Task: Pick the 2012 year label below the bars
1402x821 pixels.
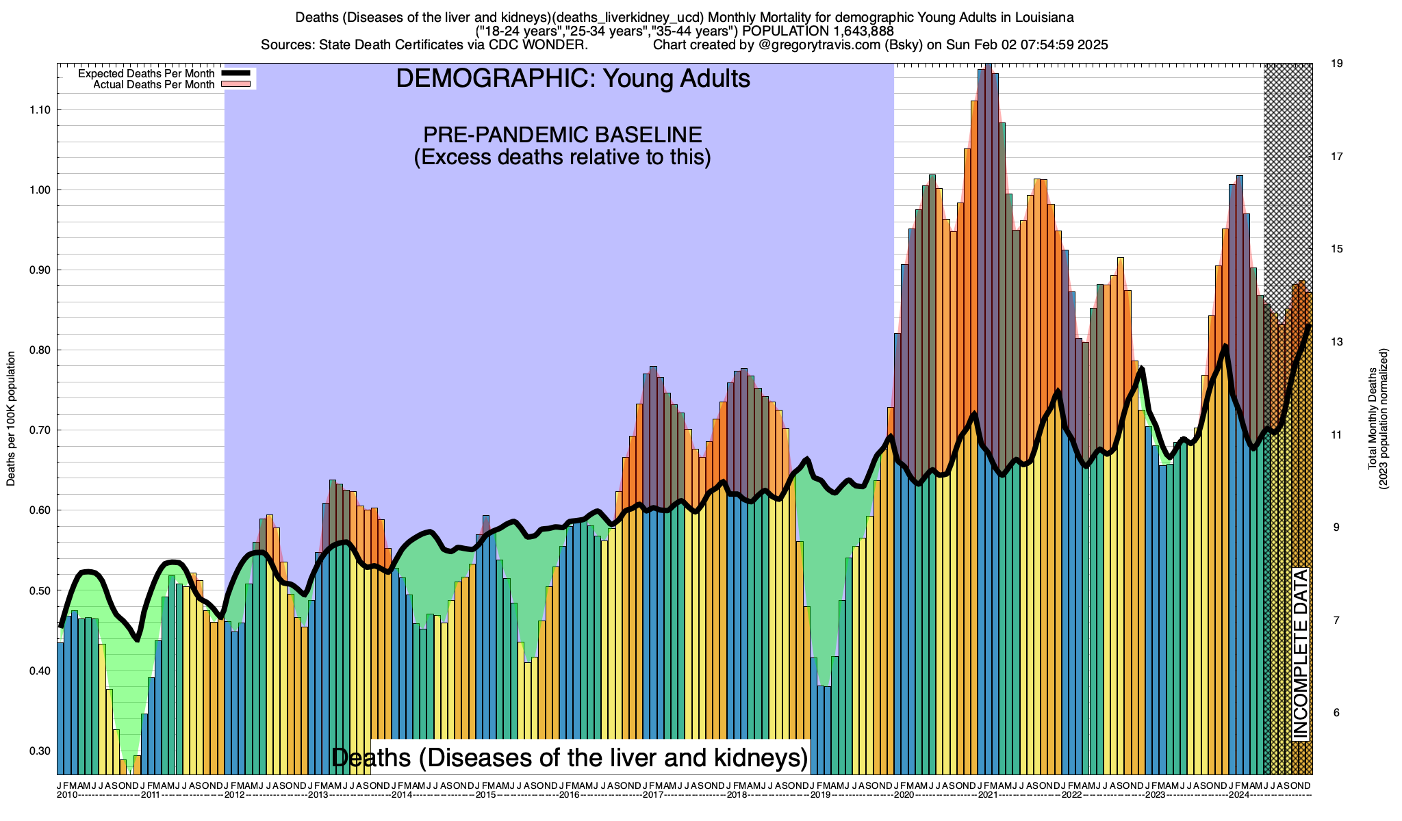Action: click(235, 795)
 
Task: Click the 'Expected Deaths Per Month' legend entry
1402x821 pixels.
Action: click(146, 74)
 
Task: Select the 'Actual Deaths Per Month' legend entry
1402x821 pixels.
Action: click(153, 85)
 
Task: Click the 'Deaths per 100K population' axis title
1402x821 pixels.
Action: click(11, 419)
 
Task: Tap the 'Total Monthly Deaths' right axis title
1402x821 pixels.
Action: click(1373, 419)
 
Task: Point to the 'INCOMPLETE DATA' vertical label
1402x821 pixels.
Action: click(1300, 654)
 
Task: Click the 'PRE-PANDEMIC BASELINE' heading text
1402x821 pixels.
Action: click(562, 134)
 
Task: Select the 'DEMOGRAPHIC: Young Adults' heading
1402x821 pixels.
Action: click(573, 79)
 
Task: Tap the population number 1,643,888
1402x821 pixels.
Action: click(861, 31)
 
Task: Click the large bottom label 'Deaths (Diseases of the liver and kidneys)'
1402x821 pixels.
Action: click(570, 758)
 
